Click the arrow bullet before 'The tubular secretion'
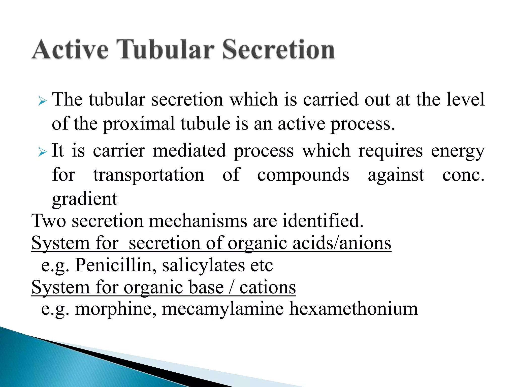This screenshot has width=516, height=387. click(x=43, y=102)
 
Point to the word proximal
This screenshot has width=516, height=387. click(x=138, y=124)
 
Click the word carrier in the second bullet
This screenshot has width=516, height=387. click(x=119, y=151)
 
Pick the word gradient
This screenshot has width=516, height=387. click(x=85, y=199)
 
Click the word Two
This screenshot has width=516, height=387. click(x=49, y=221)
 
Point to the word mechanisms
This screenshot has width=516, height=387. click(x=198, y=221)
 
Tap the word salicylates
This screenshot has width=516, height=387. click(x=203, y=266)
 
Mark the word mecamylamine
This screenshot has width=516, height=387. click(x=222, y=309)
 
